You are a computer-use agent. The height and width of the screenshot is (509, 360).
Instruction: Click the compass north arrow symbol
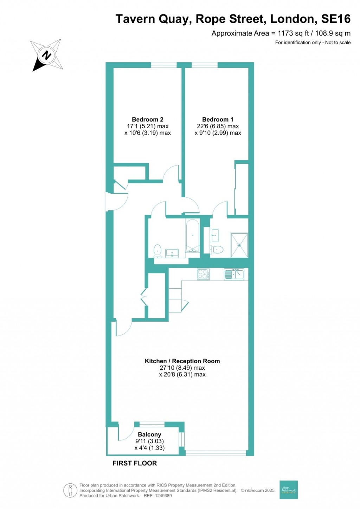coord(46,56)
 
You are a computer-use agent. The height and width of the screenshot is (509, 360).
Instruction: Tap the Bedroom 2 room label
coord(147,120)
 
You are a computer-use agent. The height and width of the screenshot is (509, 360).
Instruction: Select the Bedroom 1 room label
coord(218,120)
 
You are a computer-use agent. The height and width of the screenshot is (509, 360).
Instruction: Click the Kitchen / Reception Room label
coord(182,361)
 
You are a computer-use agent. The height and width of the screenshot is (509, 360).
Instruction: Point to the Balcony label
coord(149,434)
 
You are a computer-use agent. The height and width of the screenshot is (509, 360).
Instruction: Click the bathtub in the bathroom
coord(192,236)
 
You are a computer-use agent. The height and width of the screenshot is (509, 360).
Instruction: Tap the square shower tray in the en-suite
coord(239,245)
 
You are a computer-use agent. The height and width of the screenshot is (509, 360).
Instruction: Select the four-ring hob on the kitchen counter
coord(203,274)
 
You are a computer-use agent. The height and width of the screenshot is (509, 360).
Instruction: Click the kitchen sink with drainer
coord(234,274)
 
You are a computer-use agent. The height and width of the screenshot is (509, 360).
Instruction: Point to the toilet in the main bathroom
coord(157,251)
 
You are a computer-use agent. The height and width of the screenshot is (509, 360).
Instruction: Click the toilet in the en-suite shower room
coord(217,250)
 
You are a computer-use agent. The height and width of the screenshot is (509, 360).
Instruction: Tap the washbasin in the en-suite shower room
coord(214,235)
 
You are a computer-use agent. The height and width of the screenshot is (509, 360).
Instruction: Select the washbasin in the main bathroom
coord(172,253)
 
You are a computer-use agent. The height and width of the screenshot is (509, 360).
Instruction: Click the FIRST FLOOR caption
coord(135,463)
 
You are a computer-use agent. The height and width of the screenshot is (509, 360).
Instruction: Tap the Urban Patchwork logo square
coord(288,489)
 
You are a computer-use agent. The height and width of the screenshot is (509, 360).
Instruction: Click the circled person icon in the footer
coord(70,490)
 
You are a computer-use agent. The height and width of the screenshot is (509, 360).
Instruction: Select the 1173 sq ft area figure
coord(293,33)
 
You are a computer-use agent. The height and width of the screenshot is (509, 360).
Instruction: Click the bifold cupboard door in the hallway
coord(143,297)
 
